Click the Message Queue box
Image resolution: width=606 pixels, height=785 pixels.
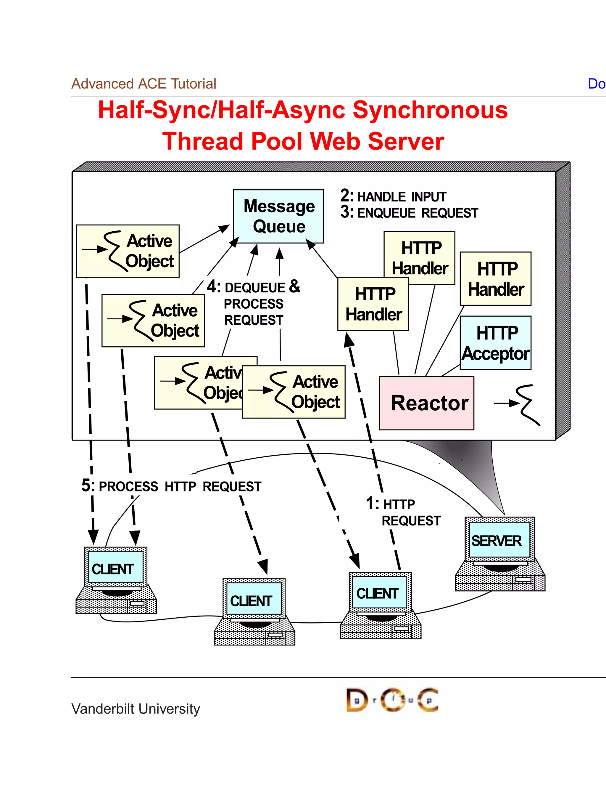coord(278,216)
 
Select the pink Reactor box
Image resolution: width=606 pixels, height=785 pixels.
coord(426,403)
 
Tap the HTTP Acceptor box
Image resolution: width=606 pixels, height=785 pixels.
coord(495,343)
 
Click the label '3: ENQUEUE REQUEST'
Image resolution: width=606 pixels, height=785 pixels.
coord(409,213)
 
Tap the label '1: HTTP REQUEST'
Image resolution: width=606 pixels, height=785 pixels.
coord(404,512)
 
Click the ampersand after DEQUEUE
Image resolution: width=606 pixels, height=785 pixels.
coord(294,286)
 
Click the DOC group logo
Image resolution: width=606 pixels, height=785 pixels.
coord(392,700)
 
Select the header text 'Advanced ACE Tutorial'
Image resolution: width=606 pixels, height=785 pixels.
coord(144,84)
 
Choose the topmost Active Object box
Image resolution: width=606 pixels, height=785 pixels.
coord(128,251)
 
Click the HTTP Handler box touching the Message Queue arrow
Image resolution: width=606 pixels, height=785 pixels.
coord(373,304)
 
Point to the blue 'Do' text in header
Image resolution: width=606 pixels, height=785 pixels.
coord(597,84)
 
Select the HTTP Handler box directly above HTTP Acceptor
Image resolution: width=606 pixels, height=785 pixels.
coord(495,278)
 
